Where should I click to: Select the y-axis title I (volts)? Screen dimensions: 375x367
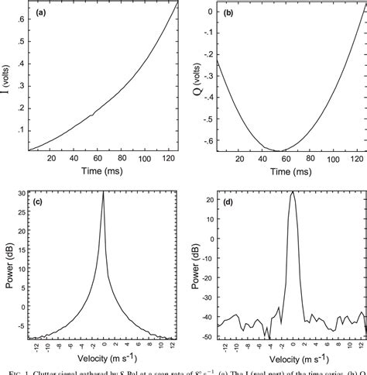[7, 76]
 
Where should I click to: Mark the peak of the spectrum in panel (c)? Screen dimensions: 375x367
[104, 193]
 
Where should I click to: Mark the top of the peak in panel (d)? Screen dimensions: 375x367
[292, 192]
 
